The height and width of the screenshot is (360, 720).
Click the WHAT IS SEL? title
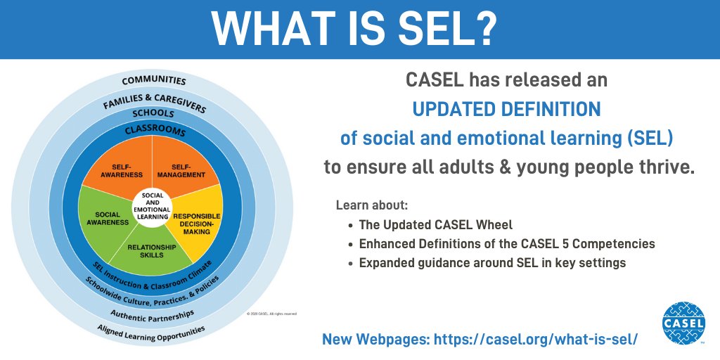click(x=359, y=30)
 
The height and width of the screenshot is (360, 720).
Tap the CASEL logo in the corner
click(x=683, y=323)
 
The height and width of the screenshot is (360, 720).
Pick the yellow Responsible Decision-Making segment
click(x=197, y=224)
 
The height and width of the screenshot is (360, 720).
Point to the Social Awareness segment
click(x=108, y=218)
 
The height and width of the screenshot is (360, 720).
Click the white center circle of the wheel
click(x=152, y=205)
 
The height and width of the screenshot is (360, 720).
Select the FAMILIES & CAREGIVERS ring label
click(x=154, y=101)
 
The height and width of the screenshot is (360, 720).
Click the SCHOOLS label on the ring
click(x=153, y=113)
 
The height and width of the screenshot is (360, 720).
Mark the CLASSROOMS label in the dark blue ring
click(x=155, y=131)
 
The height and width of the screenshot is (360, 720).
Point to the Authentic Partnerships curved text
click(x=152, y=312)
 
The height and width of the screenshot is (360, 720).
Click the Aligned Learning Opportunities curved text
click(x=151, y=333)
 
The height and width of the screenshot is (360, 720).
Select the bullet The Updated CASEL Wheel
click(x=436, y=225)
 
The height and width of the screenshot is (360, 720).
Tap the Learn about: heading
click(x=372, y=206)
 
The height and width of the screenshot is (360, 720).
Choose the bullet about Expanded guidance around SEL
click(x=492, y=263)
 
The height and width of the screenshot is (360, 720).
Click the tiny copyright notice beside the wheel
click(x=271, y=314)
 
